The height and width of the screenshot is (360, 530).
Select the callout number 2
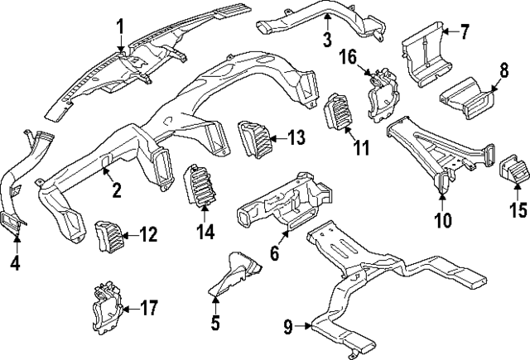tap(117, 190)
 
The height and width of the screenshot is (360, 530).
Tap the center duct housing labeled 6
tap(273, 207)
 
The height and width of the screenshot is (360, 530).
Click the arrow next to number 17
tap(127, 310)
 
